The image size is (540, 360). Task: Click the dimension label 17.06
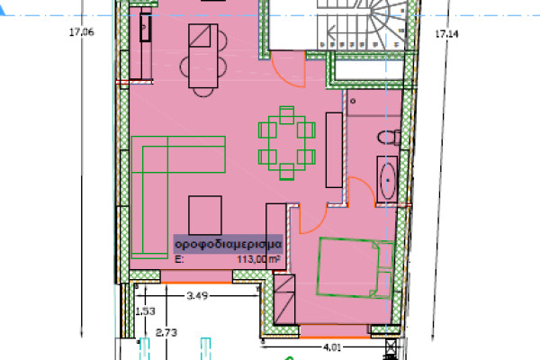(x=81, y=32)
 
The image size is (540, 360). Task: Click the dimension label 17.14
(x=446, y=34)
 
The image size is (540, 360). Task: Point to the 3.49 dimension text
(x=197, y=295)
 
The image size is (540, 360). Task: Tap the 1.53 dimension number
(x=145, y=311)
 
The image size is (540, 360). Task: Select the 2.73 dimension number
(x=166, y=333)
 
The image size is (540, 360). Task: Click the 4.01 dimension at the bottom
(x=332, y=347)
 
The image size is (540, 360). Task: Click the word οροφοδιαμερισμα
(x=229, y=244)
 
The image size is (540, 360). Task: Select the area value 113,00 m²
(x=258, y=259)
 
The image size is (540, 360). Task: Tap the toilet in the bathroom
(x=389, y=138)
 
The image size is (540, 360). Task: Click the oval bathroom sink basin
(x=388, y=180)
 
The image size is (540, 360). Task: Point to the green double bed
(x=355, y=267)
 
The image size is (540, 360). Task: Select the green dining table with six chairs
(x=287, y=143)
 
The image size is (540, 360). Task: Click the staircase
(x=362, y=24)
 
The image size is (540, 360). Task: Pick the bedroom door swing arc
(x=319, y=225)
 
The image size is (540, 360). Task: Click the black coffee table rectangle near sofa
(x=205, y=215)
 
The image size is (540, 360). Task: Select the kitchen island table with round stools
(x=203, y=59)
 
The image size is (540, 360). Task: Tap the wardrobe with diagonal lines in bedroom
(x=284, y=299)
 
